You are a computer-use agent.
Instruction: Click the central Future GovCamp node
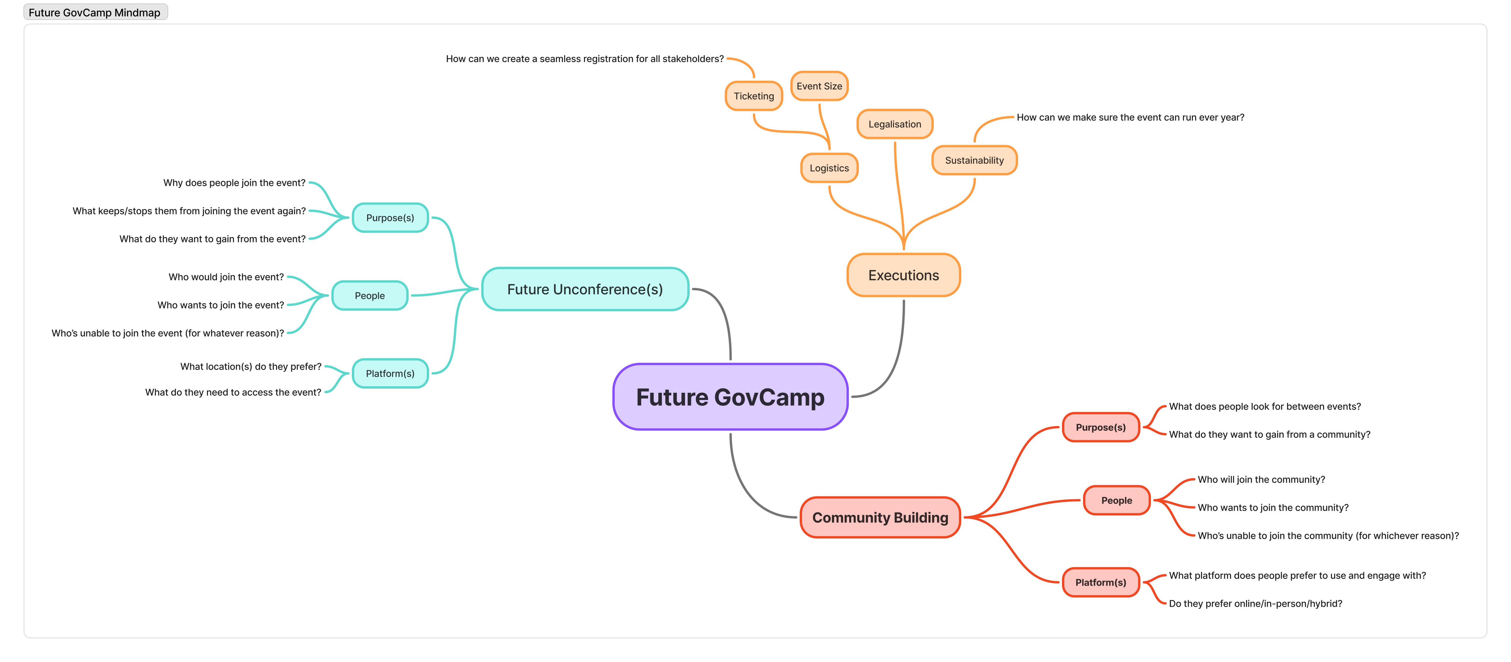730,397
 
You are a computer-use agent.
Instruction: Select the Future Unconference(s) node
585,289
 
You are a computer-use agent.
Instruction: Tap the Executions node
903,275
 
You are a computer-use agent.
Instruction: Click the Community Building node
880,517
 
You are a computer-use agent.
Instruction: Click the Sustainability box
974,160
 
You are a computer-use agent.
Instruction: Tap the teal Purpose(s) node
390,217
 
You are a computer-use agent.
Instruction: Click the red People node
1116,500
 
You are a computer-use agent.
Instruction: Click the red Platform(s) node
1100,582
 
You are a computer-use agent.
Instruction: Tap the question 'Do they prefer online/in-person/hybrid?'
1255,603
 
